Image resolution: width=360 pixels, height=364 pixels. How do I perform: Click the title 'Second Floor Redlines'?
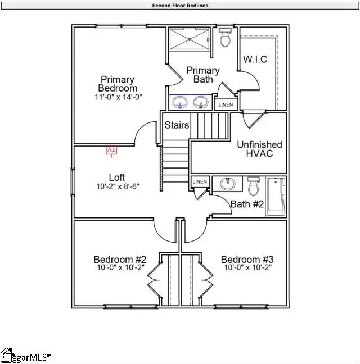coord(180,6)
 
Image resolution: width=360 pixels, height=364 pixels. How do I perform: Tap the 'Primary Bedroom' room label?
coord(118,84)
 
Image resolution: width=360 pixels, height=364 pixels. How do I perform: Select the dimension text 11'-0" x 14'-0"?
coord(118,97)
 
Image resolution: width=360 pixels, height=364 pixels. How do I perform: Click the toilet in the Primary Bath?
coord(225,38)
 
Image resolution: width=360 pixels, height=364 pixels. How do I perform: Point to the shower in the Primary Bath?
coord(190,39)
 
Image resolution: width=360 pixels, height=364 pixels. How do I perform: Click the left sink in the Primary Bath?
coord(181,102)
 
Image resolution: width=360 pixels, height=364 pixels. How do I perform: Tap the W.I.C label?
coord(254,60)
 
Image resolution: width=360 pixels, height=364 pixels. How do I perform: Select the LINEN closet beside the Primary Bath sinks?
coord(225,104)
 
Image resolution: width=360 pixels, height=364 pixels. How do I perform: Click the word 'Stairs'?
coord(177,125)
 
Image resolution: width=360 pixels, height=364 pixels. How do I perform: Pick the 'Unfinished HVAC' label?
coord(259,149)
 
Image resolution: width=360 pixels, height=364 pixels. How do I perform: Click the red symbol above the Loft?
coord(111,150)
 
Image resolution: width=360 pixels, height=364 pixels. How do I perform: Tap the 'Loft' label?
coord(117,178)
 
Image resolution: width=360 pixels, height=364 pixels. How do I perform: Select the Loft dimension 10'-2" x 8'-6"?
coord(117,186)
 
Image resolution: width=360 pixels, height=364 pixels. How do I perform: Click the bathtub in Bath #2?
coord(276,197)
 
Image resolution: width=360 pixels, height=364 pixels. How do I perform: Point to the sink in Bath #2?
coord(228,184)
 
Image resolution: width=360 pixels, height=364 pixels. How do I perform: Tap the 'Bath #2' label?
coord(247,204)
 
